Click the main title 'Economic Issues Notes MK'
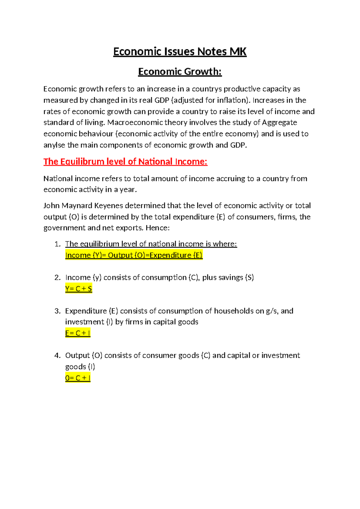pos(180,52)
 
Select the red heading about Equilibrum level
pos(125,162)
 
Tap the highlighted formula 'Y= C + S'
pos(79,289)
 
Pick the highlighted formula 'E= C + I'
pos(78,333)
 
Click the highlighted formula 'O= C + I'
pos(78,378)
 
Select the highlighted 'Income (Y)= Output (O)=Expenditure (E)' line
pos(134,255)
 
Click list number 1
pos(58,244)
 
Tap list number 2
pos(58,278)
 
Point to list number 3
pos(58,311)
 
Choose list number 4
pos(58,356)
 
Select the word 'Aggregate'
pos(279,122)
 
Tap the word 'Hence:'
pos(157,228)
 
